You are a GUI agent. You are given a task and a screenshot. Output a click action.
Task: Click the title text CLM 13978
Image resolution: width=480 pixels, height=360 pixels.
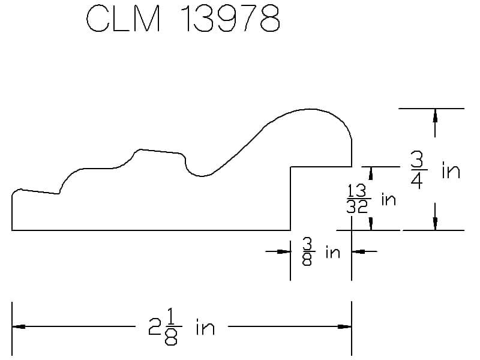183,19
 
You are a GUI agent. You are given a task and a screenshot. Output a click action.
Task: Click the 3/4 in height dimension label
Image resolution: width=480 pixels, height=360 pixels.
436,171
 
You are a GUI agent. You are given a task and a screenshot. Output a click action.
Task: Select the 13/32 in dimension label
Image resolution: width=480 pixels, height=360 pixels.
371,199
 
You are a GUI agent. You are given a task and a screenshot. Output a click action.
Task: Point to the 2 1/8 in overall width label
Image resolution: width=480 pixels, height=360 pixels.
182,327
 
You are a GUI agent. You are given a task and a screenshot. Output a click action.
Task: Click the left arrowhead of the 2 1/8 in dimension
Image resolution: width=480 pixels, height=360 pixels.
19,326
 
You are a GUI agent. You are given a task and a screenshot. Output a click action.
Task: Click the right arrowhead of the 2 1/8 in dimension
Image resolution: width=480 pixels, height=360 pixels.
344,326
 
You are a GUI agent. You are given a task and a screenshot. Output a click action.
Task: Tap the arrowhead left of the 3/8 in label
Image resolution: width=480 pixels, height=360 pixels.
283,251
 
